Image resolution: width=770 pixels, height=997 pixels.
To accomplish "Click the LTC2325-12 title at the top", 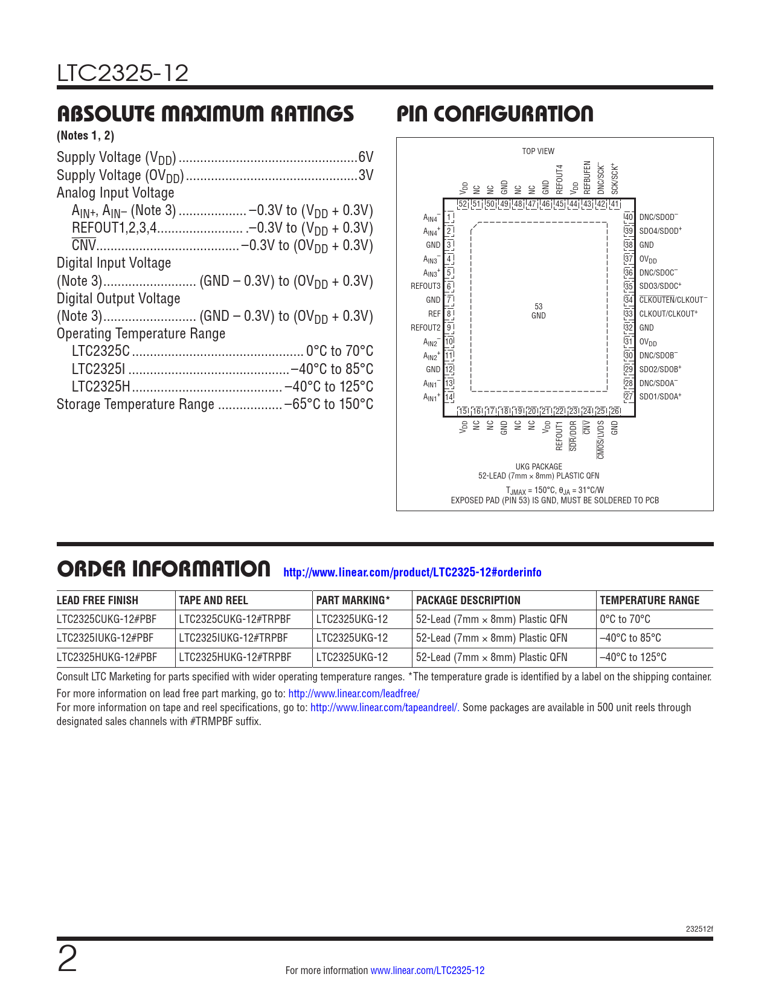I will coord(123,73).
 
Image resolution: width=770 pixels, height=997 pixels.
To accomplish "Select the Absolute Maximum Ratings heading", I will coord(205,114).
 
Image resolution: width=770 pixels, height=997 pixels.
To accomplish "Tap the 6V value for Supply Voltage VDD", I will coord(366,157).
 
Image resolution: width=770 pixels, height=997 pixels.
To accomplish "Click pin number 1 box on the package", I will coord(449,217).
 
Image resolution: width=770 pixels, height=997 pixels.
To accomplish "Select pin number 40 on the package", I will coord(629,217).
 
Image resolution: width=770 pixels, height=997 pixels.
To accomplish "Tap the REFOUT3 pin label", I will coord(425,286).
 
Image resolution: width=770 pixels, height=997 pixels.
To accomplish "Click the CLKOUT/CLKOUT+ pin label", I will coord(668,314).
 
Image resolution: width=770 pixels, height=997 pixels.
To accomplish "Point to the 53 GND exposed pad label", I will coord(538,311).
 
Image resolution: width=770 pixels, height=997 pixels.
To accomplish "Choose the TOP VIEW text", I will coord(538,151).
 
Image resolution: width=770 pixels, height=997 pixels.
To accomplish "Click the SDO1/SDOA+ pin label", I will coord(660,397).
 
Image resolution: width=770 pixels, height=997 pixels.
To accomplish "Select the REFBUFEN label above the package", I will coord(587,177).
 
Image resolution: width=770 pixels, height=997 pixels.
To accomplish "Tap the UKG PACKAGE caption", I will coord(539,466).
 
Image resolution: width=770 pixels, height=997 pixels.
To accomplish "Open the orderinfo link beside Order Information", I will coord(412,572).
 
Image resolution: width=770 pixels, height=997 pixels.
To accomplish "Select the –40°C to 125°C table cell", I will coord(634,657).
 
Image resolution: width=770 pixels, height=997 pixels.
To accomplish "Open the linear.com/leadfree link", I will coord(354,694).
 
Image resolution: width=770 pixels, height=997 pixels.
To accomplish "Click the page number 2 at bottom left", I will coord(67,960).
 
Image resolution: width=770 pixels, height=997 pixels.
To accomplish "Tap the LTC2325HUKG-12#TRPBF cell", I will coord(235,657).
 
